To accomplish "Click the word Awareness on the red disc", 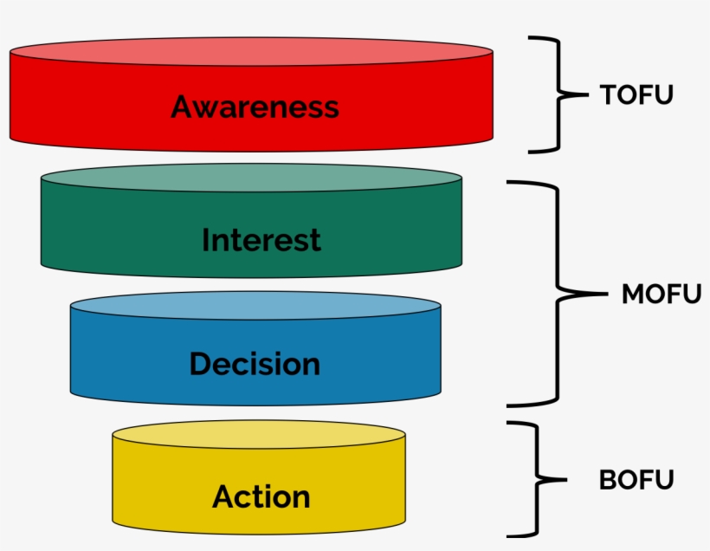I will click(x=255, y=107).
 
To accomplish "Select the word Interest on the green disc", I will click(x=261, y=240).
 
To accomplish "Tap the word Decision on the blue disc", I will click(x=255, y=364).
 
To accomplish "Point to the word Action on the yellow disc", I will click(x=261, y=497).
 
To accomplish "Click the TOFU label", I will click(x=636, y=95).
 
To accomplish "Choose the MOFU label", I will click(x=661, y=295).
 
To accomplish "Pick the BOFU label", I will click(x=636, y=479).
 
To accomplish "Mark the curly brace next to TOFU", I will click(x=554, y=95).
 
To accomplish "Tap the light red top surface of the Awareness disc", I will click(x=251, y=52).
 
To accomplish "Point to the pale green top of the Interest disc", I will click(x=251, y=178).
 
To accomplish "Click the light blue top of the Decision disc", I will click(x=255, y=305).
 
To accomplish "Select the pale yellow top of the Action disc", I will click(x=259, y=433).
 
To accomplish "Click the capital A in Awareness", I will click(x=183, y=107).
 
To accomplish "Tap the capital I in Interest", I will click(x=206, y=240).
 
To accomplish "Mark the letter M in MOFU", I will click(x=633, y=295).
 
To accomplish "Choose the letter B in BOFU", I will click(x=608, y=479).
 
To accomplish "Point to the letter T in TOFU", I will click(x=609, y=95).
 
